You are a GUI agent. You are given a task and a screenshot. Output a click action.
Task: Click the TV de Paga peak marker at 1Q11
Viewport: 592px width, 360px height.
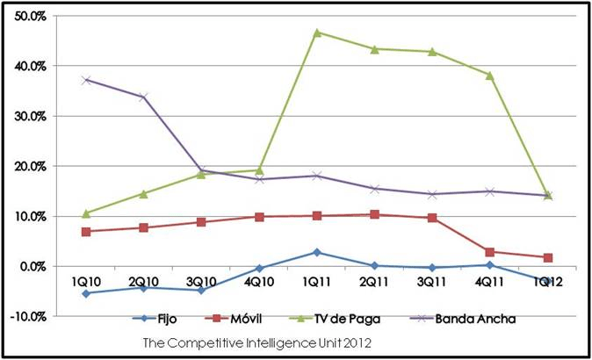click(316, 32)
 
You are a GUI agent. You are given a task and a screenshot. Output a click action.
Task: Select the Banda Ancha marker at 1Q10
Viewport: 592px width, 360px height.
click(86, 80)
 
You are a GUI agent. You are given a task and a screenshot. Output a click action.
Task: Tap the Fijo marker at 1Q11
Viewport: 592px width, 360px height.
click(316, 252)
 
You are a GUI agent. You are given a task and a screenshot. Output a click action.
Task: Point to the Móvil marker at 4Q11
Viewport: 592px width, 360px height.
click(488, 252)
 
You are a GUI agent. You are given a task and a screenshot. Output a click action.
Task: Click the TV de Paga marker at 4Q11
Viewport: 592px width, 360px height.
click(488, 76)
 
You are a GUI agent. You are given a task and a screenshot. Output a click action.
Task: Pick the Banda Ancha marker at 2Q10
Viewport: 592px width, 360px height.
click(143, 97)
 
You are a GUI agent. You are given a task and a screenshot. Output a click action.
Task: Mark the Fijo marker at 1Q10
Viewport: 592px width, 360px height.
click(86, 293)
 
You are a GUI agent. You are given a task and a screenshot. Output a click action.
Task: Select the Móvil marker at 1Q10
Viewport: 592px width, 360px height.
click(86, 231)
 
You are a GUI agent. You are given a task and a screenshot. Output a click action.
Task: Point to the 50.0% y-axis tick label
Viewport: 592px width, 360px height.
click(30, 16)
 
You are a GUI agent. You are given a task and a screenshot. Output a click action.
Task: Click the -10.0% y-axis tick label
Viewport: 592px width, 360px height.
click(28, 316)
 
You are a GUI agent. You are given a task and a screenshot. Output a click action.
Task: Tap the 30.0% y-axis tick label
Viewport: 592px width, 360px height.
click(30, 116)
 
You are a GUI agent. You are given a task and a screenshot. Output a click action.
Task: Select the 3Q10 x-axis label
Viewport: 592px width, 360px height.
click(201, 281)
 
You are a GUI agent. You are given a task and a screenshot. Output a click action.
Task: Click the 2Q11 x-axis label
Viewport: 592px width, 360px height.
click(373, 281)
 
